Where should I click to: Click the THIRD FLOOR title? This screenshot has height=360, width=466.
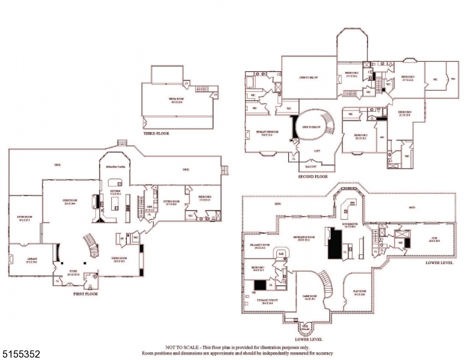[156, 133]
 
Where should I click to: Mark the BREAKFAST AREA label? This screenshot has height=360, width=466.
[115, 166]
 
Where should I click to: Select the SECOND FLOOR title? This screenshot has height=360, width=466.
[312, 177]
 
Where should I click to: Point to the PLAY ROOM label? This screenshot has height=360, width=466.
[360, 293]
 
